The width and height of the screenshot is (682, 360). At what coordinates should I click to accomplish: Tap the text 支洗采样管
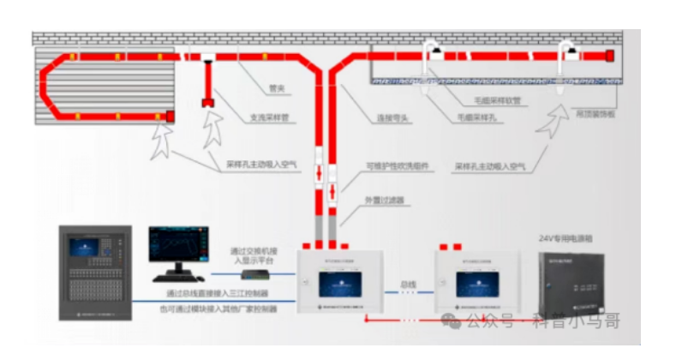pyautogui.click(x=269, y=118)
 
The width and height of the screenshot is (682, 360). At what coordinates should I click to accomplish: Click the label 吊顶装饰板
pyautogui.click(x=595, y=114)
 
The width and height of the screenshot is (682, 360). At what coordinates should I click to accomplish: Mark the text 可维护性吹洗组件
pyautogui.click(x=397, y=165)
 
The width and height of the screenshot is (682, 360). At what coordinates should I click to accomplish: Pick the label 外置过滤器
pyautogui.click(x=383, y=200)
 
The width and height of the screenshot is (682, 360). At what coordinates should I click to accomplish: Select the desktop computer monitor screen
pyautogui.click(x=177, y=248)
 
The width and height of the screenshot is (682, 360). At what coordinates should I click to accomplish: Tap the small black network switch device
pyautogui.click(x=255, y=274)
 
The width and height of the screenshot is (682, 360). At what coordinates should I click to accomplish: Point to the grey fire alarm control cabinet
pyautogui.click(x=94, y=273)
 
